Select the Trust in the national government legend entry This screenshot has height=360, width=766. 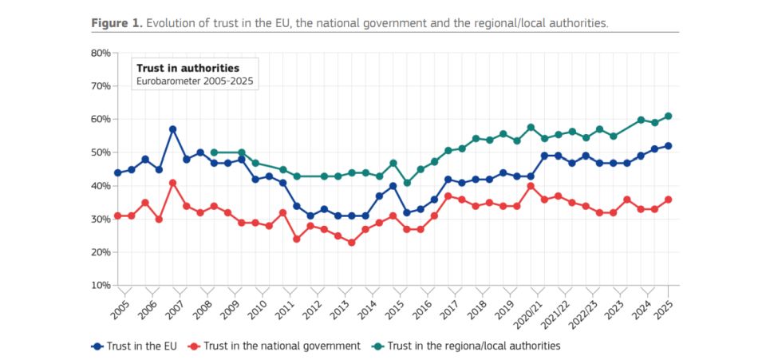pyautogui.click(x=273, y=346)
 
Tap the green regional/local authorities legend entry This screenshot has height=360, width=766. pyautogui.click(x=467, y=346)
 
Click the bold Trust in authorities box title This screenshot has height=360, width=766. pyautogui.click(x=188, y=69)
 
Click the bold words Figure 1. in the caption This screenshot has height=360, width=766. pyautogui.click(x=116, y=22)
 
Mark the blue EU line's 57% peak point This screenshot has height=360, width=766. pyautogui.click(x=172, y=129)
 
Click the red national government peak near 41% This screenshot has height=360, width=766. pyautogui.click(x=172, y=183)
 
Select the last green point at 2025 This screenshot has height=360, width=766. pyautogui.click(x=669, y=116)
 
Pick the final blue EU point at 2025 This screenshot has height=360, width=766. pyautogui.click(x=669, y=146)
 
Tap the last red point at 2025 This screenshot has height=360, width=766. pyautogui.click(x=669, y=200)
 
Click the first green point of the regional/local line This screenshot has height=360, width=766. pyautogui.click(x=214, y=152)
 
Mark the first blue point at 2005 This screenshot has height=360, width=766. pyautogui.click(x=118, y=172)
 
